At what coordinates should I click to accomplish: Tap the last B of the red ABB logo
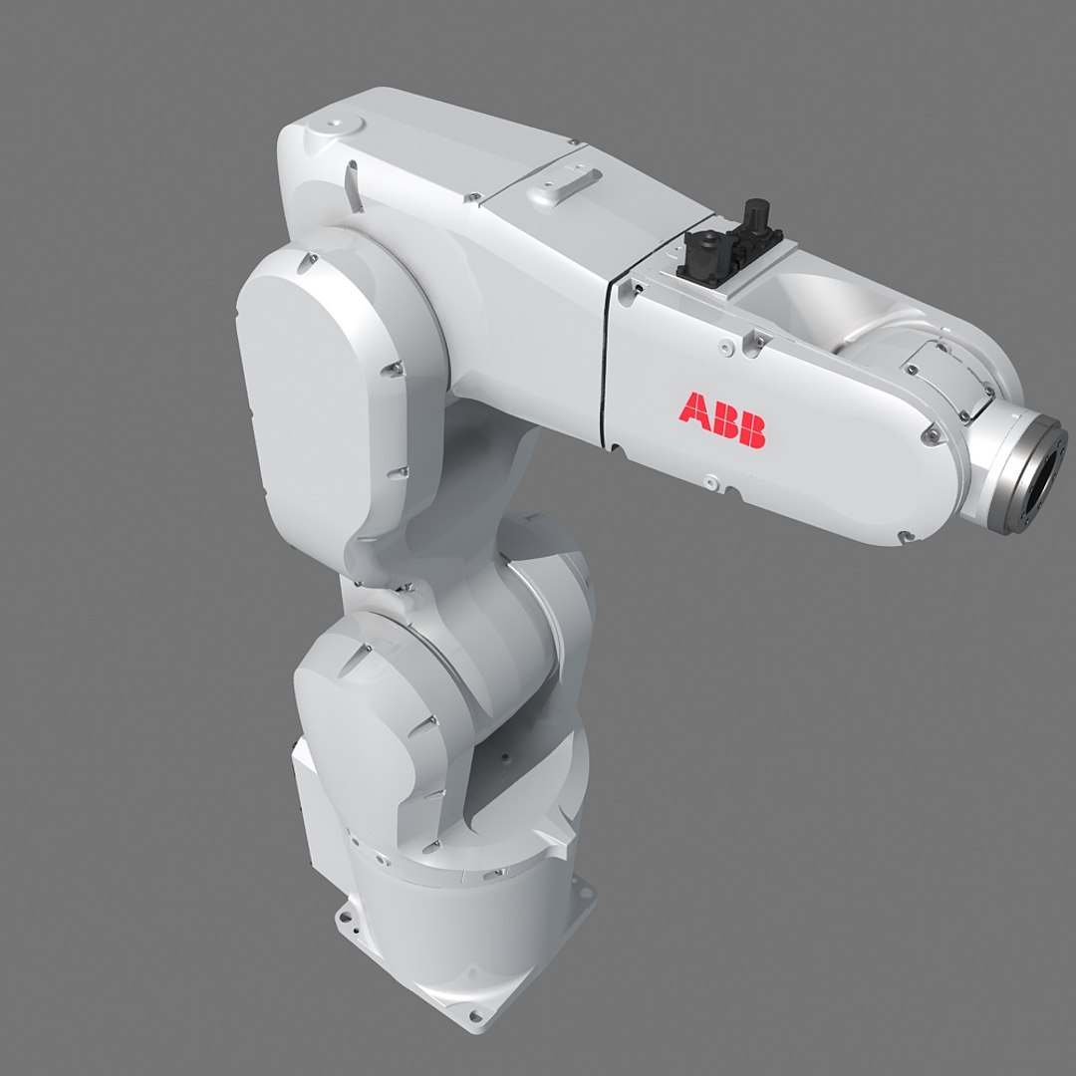click(752, 431)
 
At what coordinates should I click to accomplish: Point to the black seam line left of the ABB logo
click(607, 369)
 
